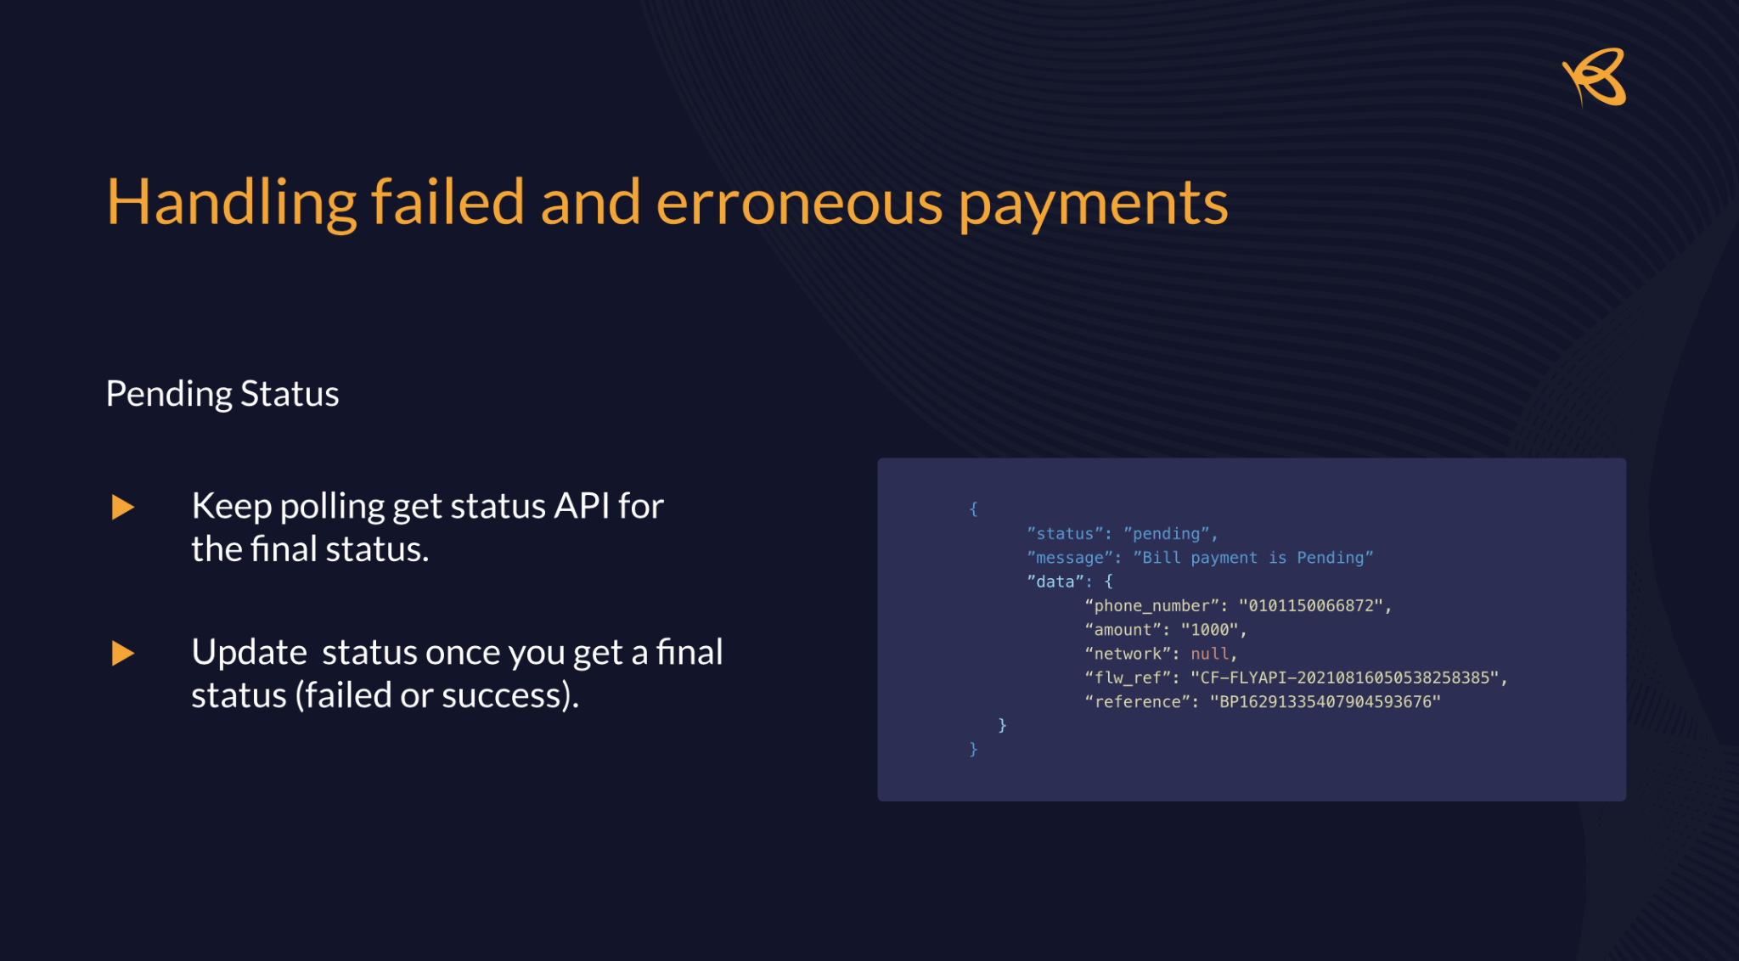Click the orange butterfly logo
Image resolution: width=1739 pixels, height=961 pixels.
[1595, 77]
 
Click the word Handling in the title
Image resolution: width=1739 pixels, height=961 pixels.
[231, 204]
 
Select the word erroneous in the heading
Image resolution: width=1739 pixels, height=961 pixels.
[799, 203]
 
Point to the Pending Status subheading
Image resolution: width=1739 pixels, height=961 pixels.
[222, 394]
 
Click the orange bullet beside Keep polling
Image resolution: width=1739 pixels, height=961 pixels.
[123, 507]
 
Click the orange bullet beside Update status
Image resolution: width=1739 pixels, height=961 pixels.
[123, 653]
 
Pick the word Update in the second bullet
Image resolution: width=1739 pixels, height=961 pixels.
[249, 652]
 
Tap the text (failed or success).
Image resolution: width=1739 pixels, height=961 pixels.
[436, 695]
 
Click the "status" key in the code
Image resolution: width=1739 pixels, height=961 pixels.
[1066, 533]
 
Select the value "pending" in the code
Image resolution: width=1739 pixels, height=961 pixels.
[1167, 533]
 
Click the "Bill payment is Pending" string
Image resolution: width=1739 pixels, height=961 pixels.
[1253, 558]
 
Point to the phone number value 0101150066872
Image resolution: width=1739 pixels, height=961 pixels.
[1312, 605]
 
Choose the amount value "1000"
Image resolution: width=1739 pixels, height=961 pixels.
[1209, 629]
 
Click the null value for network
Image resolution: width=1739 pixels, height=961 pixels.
[1209, 654]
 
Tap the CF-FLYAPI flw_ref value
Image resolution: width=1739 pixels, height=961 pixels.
[1345, 677]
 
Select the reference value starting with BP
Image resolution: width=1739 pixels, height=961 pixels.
[1325, 701]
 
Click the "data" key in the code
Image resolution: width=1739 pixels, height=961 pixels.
[1055, 582]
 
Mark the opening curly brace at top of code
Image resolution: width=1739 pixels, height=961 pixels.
[974, 509]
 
